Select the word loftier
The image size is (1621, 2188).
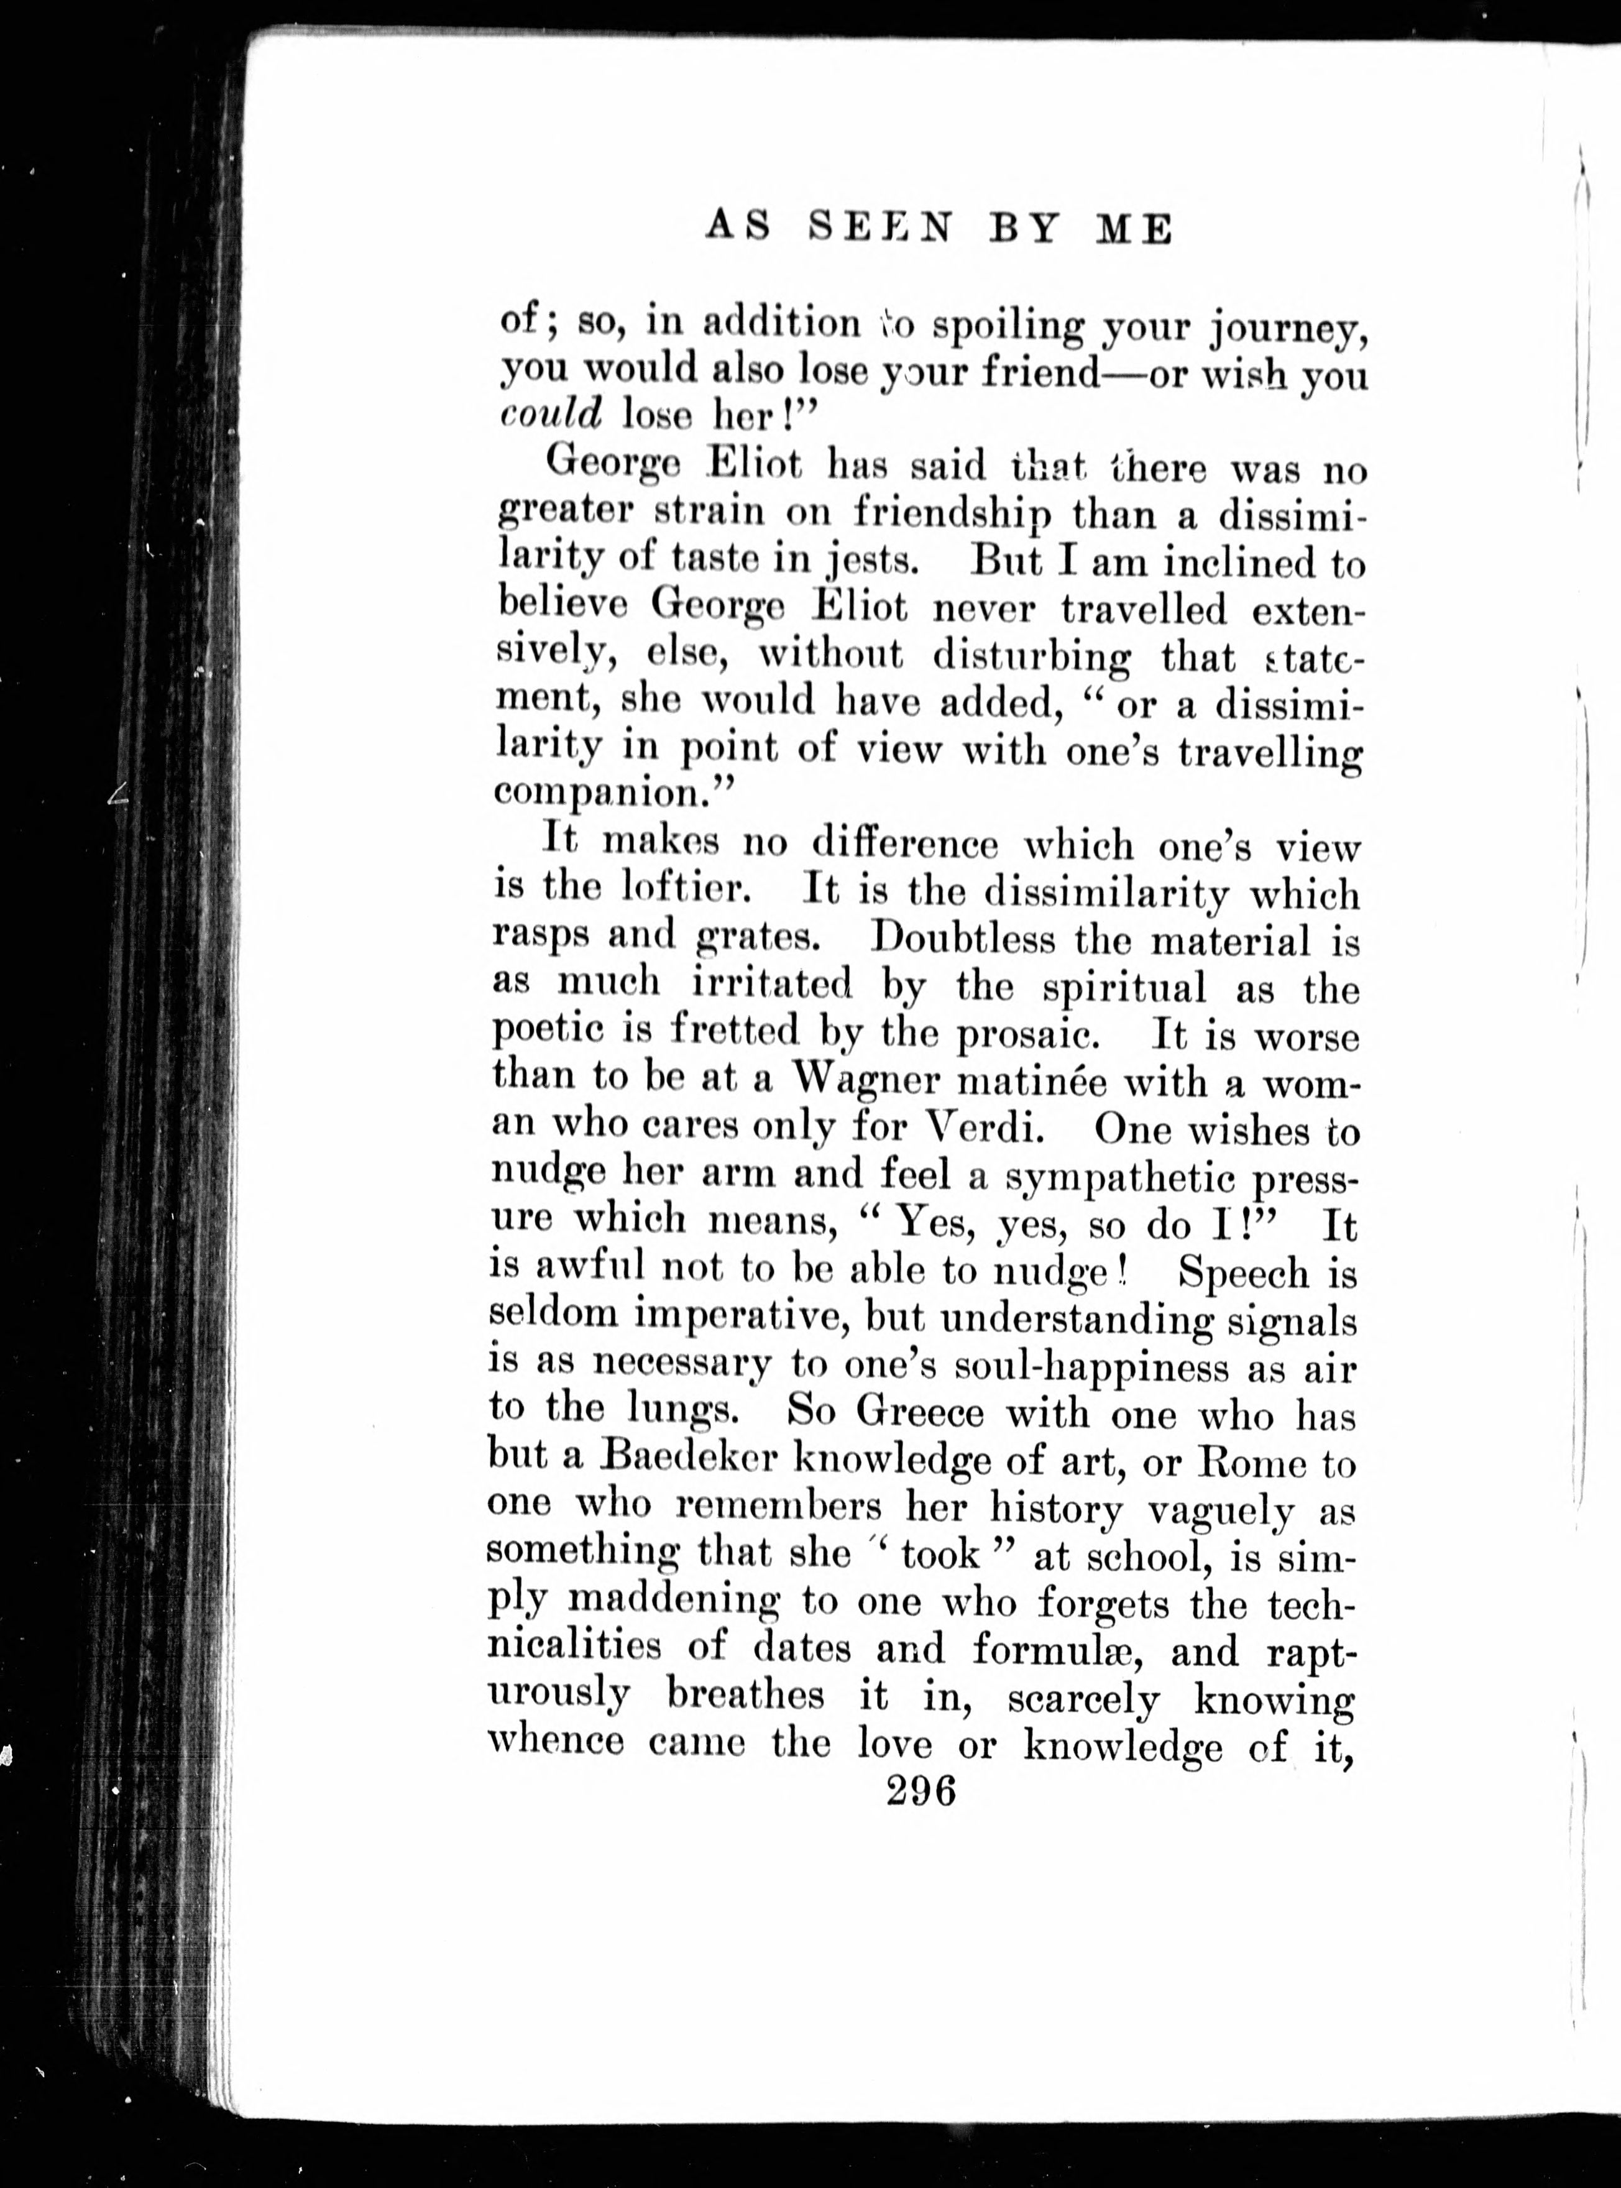[686, 891]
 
